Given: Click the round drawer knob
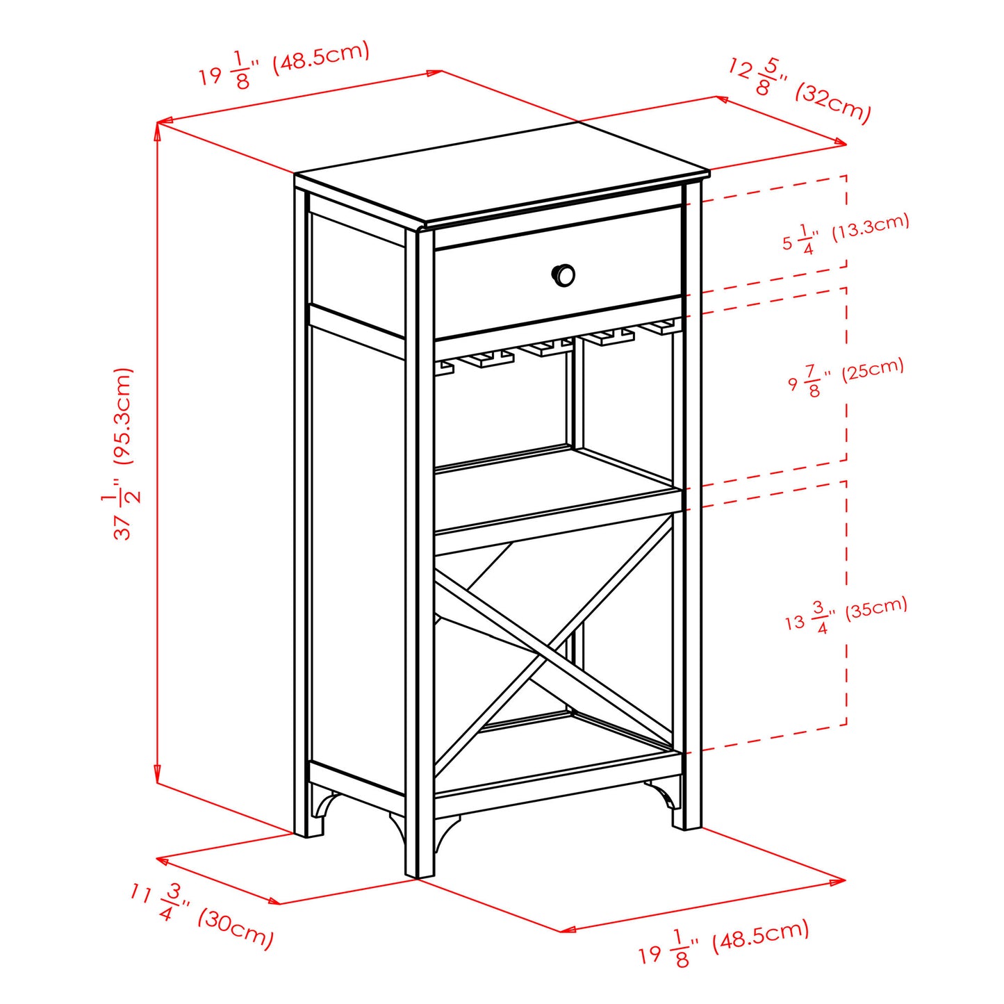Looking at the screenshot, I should pyautogui.click(x=563, y=275).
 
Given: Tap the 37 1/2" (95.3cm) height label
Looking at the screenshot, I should pyautogui.click(x=124, y=453).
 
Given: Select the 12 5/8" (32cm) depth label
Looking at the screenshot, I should pyautogui.click(x=799, y=91).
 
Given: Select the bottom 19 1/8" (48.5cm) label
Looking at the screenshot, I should pyautogui.click(x=723, y=941).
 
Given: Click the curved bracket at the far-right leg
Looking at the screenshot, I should pyautogui.click(x=663, y=792).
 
